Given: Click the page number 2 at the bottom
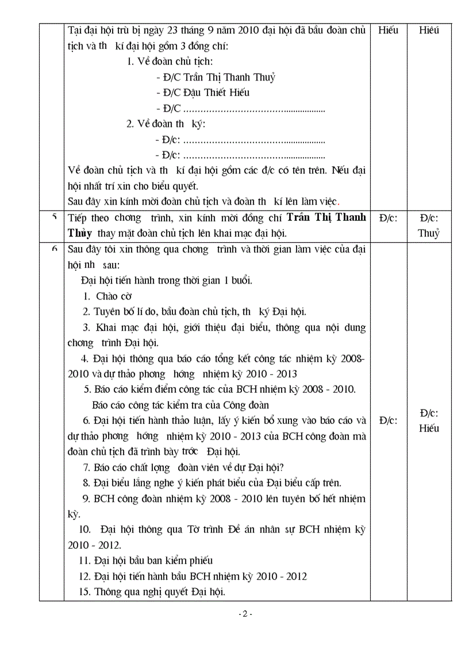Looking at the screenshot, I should click(x=245, y=614).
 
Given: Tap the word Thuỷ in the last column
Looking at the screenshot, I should click(x=429, y=233).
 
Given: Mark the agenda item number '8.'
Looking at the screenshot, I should click(x=86, y=483).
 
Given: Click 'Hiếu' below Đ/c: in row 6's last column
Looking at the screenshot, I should click(x=429, y=429).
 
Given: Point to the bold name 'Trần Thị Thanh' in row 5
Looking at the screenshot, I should click(x=326, y=217).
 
